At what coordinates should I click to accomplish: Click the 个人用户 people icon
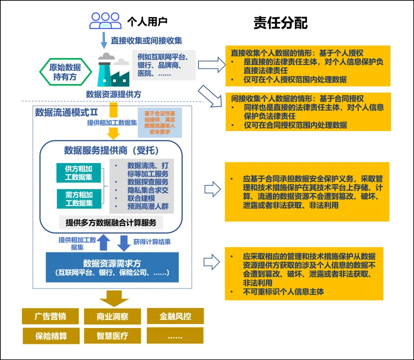(x=106, y=20)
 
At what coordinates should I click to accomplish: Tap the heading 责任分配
(x=280, y=23)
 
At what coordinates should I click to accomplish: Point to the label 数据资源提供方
(x=114, y=94)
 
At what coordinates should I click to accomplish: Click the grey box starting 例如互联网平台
(x=163, y=64)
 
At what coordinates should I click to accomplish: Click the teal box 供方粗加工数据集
(x=79, y=173)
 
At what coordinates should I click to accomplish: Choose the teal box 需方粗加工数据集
(x=79, y=198)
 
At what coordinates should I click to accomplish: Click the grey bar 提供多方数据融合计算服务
(x=115, y=222)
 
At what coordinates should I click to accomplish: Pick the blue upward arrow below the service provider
(x=104, y=242)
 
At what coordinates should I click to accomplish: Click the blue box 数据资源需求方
(x=112, y=267)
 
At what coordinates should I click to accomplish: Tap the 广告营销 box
(x=50, y=316)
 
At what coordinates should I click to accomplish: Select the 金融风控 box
(x=175, y=316)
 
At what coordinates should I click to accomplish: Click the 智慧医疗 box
(x=112, y=335)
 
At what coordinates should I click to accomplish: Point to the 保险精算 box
(x=50, y=335)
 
